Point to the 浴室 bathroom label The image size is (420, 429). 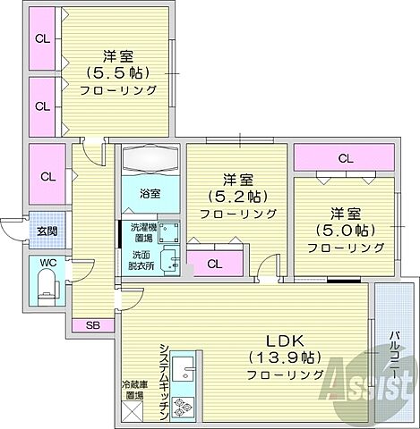pos(150,194)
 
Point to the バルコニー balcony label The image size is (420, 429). pos(395,354)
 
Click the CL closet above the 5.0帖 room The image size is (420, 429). pos(344,158)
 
